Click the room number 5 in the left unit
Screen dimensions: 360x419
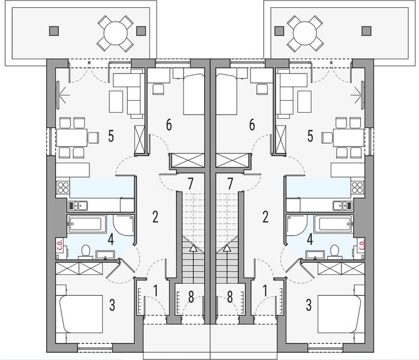111,136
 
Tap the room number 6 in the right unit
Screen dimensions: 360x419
252,125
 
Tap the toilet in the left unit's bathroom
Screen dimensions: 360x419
86,249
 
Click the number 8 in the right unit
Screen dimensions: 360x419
230,295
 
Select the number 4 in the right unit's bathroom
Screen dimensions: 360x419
309,238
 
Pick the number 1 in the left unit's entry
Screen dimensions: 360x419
155,291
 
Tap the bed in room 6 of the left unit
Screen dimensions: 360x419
194,94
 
